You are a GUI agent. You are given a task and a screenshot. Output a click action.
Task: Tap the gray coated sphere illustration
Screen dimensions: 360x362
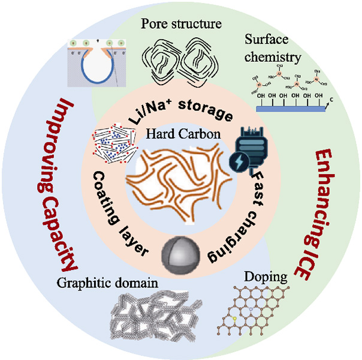pyautogui.click(x=180, y=249)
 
